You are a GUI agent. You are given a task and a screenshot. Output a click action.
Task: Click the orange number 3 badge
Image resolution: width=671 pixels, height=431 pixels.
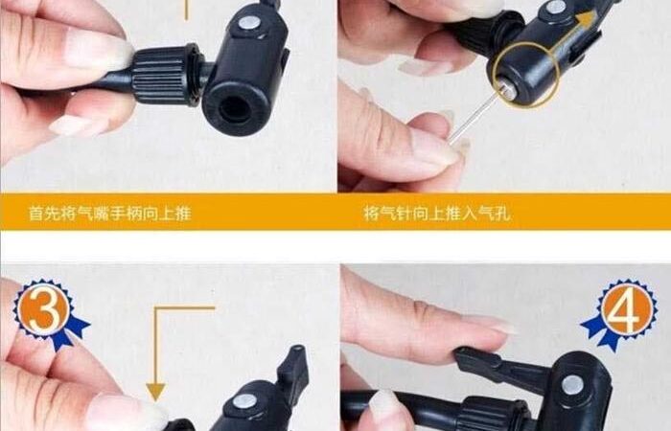44,308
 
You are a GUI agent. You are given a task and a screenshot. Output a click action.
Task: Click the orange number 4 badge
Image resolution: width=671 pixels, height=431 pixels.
627,308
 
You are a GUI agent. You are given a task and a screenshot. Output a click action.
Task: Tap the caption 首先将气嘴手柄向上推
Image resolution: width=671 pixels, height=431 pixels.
110,213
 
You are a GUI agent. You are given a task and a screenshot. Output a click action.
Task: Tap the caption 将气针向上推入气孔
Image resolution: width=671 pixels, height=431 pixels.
437,213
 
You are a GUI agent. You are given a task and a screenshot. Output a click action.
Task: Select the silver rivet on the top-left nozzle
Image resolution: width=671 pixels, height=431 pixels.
248,23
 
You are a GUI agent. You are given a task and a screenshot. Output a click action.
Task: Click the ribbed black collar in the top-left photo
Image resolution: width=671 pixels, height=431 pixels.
166,76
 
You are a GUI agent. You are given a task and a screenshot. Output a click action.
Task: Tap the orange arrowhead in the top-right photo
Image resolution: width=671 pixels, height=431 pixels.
586,19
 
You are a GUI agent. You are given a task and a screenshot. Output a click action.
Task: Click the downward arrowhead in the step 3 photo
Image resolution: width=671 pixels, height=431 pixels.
155,392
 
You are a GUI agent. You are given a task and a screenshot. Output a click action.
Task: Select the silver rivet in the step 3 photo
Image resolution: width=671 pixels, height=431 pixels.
244,401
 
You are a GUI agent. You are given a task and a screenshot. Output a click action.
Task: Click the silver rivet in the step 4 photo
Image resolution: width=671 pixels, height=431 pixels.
572,385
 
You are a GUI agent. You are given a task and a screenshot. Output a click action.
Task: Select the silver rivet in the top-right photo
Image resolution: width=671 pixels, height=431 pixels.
556,8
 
